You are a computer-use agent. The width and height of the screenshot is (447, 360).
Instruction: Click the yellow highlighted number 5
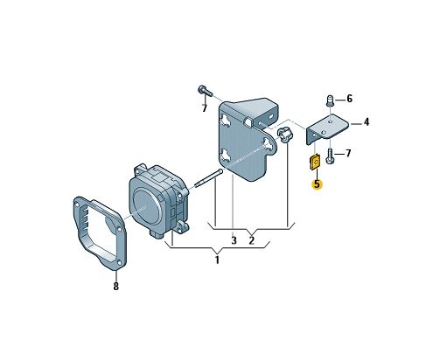click(x=317, y=184)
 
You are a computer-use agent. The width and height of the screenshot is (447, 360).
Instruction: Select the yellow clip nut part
click(x=315, y=163)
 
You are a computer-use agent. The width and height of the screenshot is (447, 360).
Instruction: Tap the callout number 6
click(x=349, y=99)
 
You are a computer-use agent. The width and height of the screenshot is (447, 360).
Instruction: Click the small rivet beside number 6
click(x=330, y=100)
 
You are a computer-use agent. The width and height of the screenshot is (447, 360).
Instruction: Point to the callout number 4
click(x=367, y=122)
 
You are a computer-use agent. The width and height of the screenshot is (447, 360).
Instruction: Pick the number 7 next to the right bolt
click(x=348, y=153)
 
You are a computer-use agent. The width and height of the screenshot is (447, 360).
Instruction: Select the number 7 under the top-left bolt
click(x=205, y=108)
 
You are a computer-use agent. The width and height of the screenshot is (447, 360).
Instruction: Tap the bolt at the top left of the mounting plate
click(x=205, y=90)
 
